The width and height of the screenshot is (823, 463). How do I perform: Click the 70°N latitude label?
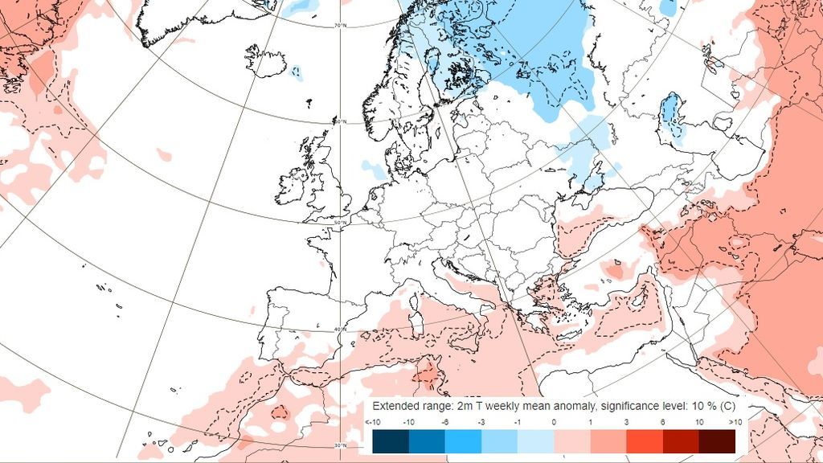point(340,26)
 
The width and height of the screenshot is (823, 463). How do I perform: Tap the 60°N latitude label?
point(340,122)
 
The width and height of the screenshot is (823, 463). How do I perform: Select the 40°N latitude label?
point(341,330)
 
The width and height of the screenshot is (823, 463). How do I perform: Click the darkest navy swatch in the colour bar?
point(391,441)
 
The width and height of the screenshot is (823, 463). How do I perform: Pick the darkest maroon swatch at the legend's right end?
point(717,441)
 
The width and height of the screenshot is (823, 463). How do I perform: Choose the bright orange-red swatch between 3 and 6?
point(645,441)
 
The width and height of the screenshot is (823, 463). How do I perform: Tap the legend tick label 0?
point(554,422)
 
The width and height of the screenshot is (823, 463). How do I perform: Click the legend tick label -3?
point(481,422)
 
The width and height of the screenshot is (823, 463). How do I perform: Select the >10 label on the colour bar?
point(734,422)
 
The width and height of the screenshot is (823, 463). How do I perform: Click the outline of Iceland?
point(265,60)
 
